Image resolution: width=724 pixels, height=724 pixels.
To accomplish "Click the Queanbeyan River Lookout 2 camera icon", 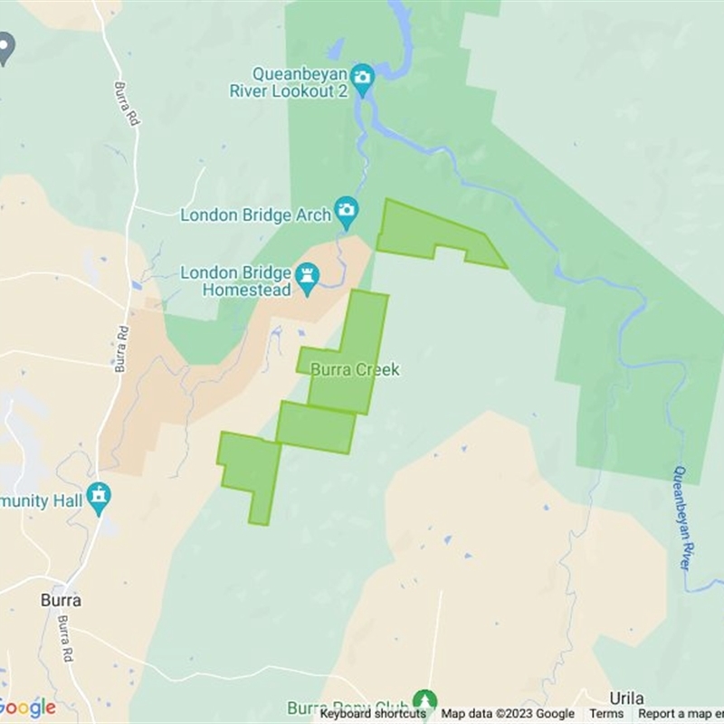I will [363, 77].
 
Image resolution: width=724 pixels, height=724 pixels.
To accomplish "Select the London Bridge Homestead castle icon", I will [308, 274].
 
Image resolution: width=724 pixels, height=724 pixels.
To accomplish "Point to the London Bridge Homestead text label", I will [235, 281].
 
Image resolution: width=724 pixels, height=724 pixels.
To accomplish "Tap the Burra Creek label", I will [355, 370].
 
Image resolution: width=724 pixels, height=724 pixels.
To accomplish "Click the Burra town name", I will [61, 600].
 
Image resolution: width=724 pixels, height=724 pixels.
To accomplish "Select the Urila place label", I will [626, 698].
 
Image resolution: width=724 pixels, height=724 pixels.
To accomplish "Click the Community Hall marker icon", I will [99, 496].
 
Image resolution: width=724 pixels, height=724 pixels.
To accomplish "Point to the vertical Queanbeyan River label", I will [683, 518].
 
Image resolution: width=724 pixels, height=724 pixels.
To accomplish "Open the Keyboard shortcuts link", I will [373, 714].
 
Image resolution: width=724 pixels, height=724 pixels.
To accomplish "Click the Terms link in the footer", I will [606, 714].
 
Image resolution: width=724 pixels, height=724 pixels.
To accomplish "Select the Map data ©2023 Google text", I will [508, 714].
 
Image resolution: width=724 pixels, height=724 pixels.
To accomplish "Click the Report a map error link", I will [681, 714].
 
